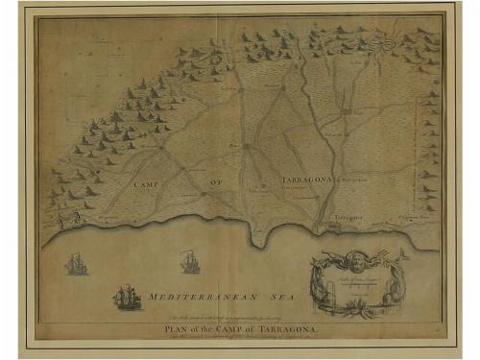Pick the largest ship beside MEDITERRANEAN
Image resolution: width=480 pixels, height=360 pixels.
[127, 298]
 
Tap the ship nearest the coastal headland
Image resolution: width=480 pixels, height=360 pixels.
[190, 260]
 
